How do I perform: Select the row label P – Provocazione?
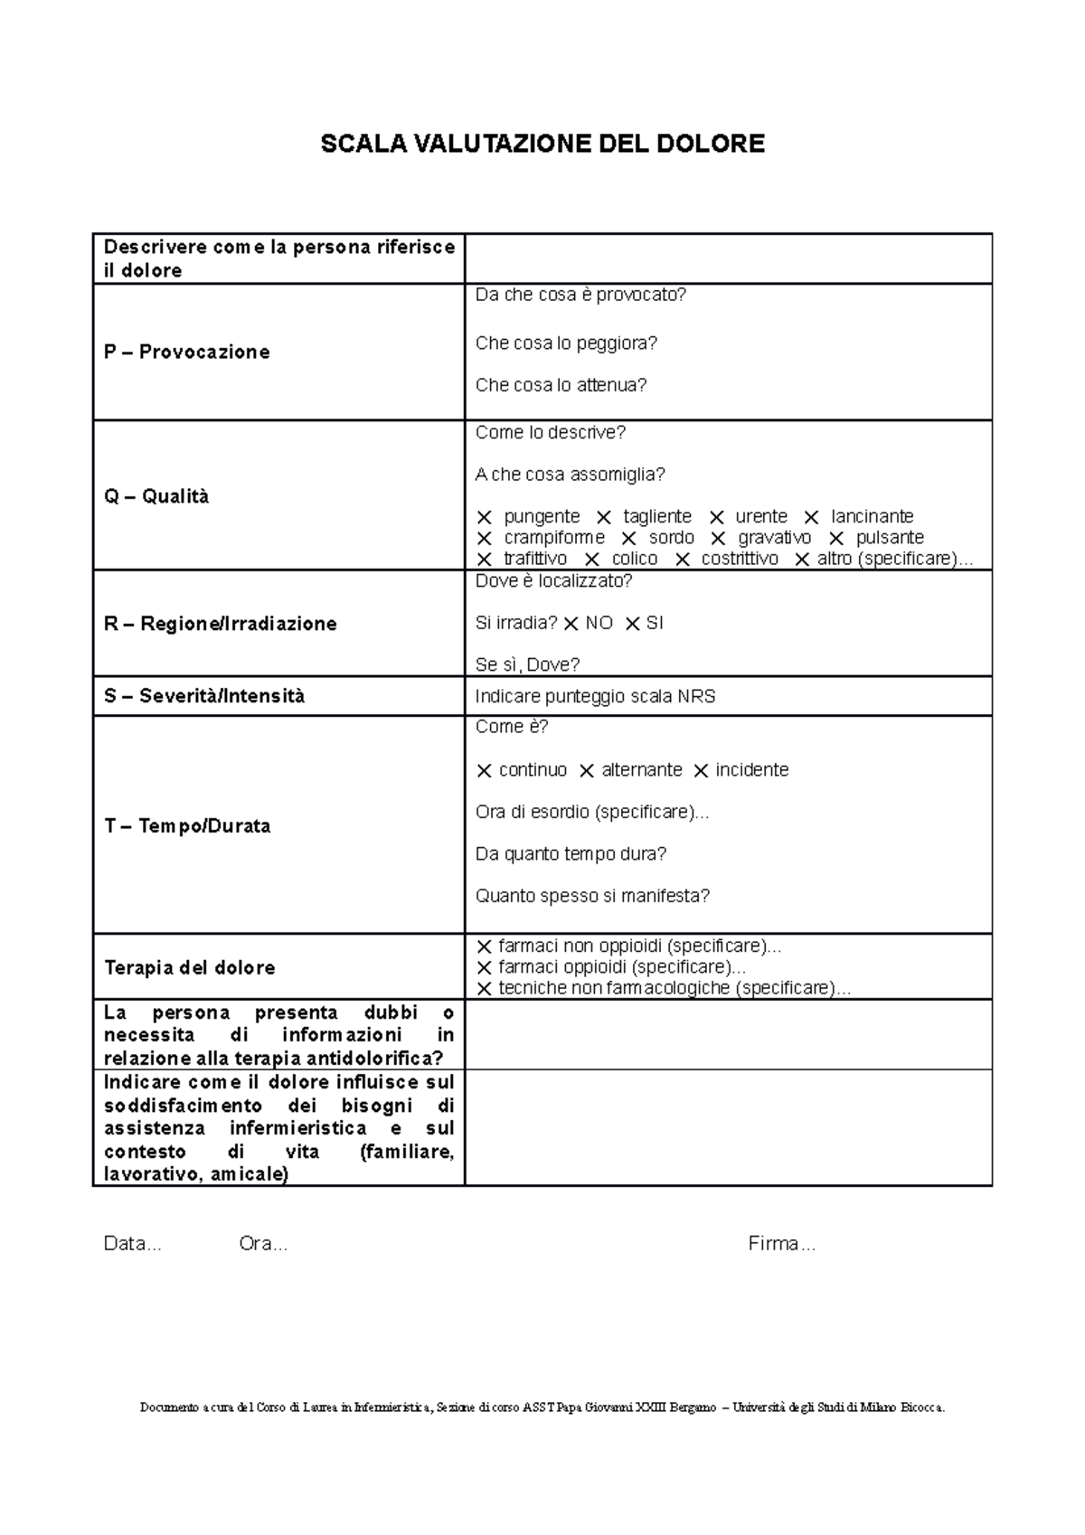[186, 353]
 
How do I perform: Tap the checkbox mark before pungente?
[485, 518]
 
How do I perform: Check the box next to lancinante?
[811, 518]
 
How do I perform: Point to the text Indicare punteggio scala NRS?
[595, 697]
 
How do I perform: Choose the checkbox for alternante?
[587, 771]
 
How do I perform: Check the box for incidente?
[701, 771]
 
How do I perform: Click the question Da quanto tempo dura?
[571, 854]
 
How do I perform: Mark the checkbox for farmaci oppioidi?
[485, 968]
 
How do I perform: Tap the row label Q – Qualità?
[156, 496]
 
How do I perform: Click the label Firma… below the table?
[781, 1245]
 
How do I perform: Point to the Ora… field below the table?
[263, 1245]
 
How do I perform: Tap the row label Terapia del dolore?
[189, 968]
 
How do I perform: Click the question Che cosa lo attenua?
[561, 385]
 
